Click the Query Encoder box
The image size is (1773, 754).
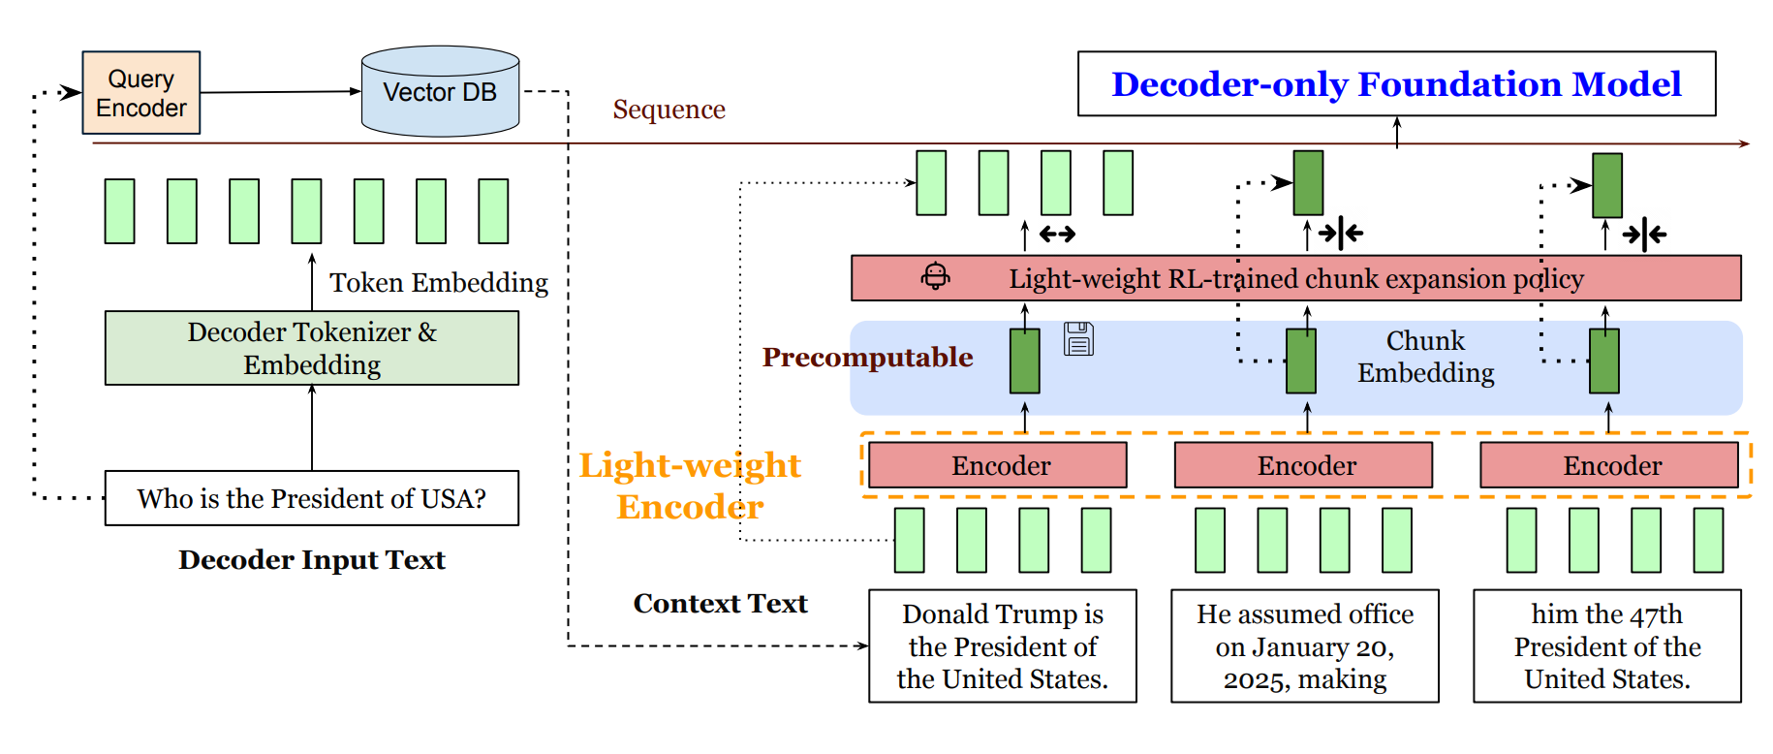coord(141,93)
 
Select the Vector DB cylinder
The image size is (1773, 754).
coord(440,92)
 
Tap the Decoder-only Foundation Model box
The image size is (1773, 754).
coord(1396,84)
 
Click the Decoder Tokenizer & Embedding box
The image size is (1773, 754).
coord(312,348)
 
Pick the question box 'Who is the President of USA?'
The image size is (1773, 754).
coord(312,498)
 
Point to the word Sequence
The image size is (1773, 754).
coord(669,110)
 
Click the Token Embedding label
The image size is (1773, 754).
coord(439,282)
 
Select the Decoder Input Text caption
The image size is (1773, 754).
coord(312,560)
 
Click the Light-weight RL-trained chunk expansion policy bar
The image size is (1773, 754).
coord(1295,279)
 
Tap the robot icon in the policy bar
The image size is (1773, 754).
coord(935,276)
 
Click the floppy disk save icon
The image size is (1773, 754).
coord(1078,339)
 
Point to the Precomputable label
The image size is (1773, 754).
coord(867,358)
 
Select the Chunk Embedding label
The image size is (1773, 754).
coord(1425,357)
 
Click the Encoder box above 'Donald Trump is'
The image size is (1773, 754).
coord(998,465)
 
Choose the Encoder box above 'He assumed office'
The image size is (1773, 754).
coord(1304,465)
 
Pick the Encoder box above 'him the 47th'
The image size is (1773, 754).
coord(1609,465)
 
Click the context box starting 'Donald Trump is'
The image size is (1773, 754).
coord(1003,646)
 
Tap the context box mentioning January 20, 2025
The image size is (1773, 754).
coord(1305,646)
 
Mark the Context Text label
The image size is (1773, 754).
coord(720,604)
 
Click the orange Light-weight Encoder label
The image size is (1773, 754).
coord(690,486)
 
